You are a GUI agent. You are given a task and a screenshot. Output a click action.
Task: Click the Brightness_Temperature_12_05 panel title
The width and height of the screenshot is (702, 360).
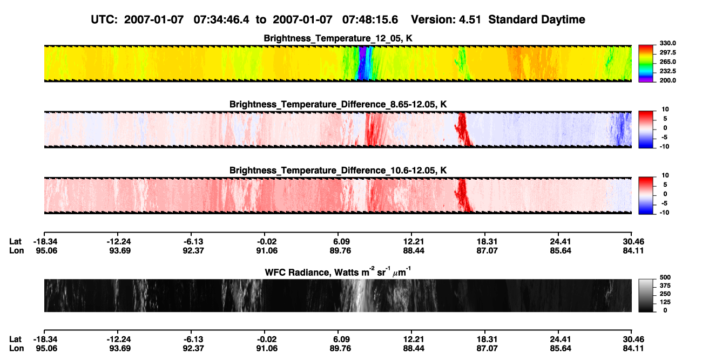point(338,38)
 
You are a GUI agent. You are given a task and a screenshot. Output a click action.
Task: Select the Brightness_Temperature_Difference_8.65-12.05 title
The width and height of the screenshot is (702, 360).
point(338,104)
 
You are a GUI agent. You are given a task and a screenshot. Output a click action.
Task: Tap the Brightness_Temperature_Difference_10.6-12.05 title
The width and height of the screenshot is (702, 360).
point(338,171)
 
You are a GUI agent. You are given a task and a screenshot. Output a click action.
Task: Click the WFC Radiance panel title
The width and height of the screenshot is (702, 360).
point(338,272)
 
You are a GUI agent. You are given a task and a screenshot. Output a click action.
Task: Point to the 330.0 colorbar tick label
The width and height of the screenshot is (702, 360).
point(667,43)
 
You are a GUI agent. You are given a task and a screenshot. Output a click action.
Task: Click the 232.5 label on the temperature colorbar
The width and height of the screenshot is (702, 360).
point(667,71)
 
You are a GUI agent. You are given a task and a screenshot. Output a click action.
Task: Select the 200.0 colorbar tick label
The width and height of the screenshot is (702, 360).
point(667,80)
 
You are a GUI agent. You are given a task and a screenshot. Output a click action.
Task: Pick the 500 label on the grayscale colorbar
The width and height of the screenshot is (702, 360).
point(665,277)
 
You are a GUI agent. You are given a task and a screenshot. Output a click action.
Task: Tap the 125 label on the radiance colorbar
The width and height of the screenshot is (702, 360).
point(665,302)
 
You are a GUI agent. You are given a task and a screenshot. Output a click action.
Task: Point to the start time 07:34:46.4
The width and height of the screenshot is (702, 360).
point(221,20)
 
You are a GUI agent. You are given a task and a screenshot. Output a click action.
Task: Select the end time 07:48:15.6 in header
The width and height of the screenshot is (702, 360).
point(370,20)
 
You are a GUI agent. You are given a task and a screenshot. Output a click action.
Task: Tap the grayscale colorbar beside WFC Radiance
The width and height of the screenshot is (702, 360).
point(646,295)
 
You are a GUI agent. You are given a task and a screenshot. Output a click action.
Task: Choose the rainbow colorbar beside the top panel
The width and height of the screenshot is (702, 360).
point(646,64)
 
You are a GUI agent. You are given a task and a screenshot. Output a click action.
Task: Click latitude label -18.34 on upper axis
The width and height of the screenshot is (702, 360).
point(45,242)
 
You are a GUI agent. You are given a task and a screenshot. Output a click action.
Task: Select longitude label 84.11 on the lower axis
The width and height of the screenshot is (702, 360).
point(633,349)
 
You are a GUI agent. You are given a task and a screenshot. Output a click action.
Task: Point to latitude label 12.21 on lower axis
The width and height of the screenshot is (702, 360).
point(414,339)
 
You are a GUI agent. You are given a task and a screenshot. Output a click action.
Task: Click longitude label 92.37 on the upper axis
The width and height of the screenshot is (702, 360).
point(193,250)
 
